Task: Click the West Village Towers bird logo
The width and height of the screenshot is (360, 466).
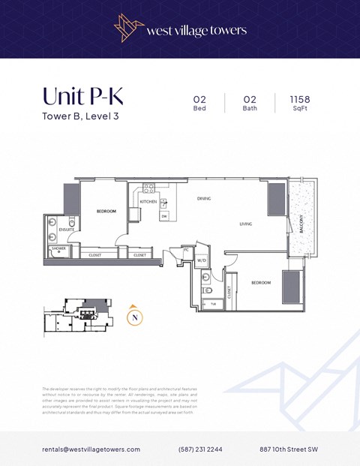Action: tap(127, 29)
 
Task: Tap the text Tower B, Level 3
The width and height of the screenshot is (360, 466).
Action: tap(80, 116)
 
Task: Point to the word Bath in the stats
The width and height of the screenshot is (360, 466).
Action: tap(250, 109)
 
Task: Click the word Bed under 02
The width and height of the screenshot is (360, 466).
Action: tap(199, 109)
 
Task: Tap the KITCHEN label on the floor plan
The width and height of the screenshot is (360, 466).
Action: tap(148, 202)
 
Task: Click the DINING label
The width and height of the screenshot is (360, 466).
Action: tap(204, 198)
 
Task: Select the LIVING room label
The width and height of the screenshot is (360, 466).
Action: tap(245, 224)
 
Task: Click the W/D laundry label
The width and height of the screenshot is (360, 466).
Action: tap(202, 260)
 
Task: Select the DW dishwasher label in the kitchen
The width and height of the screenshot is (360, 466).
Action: tap(164, 216)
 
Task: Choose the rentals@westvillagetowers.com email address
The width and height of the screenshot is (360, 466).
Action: tap(91, 449)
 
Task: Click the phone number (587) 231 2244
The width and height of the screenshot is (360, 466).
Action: tap(200, 449)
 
